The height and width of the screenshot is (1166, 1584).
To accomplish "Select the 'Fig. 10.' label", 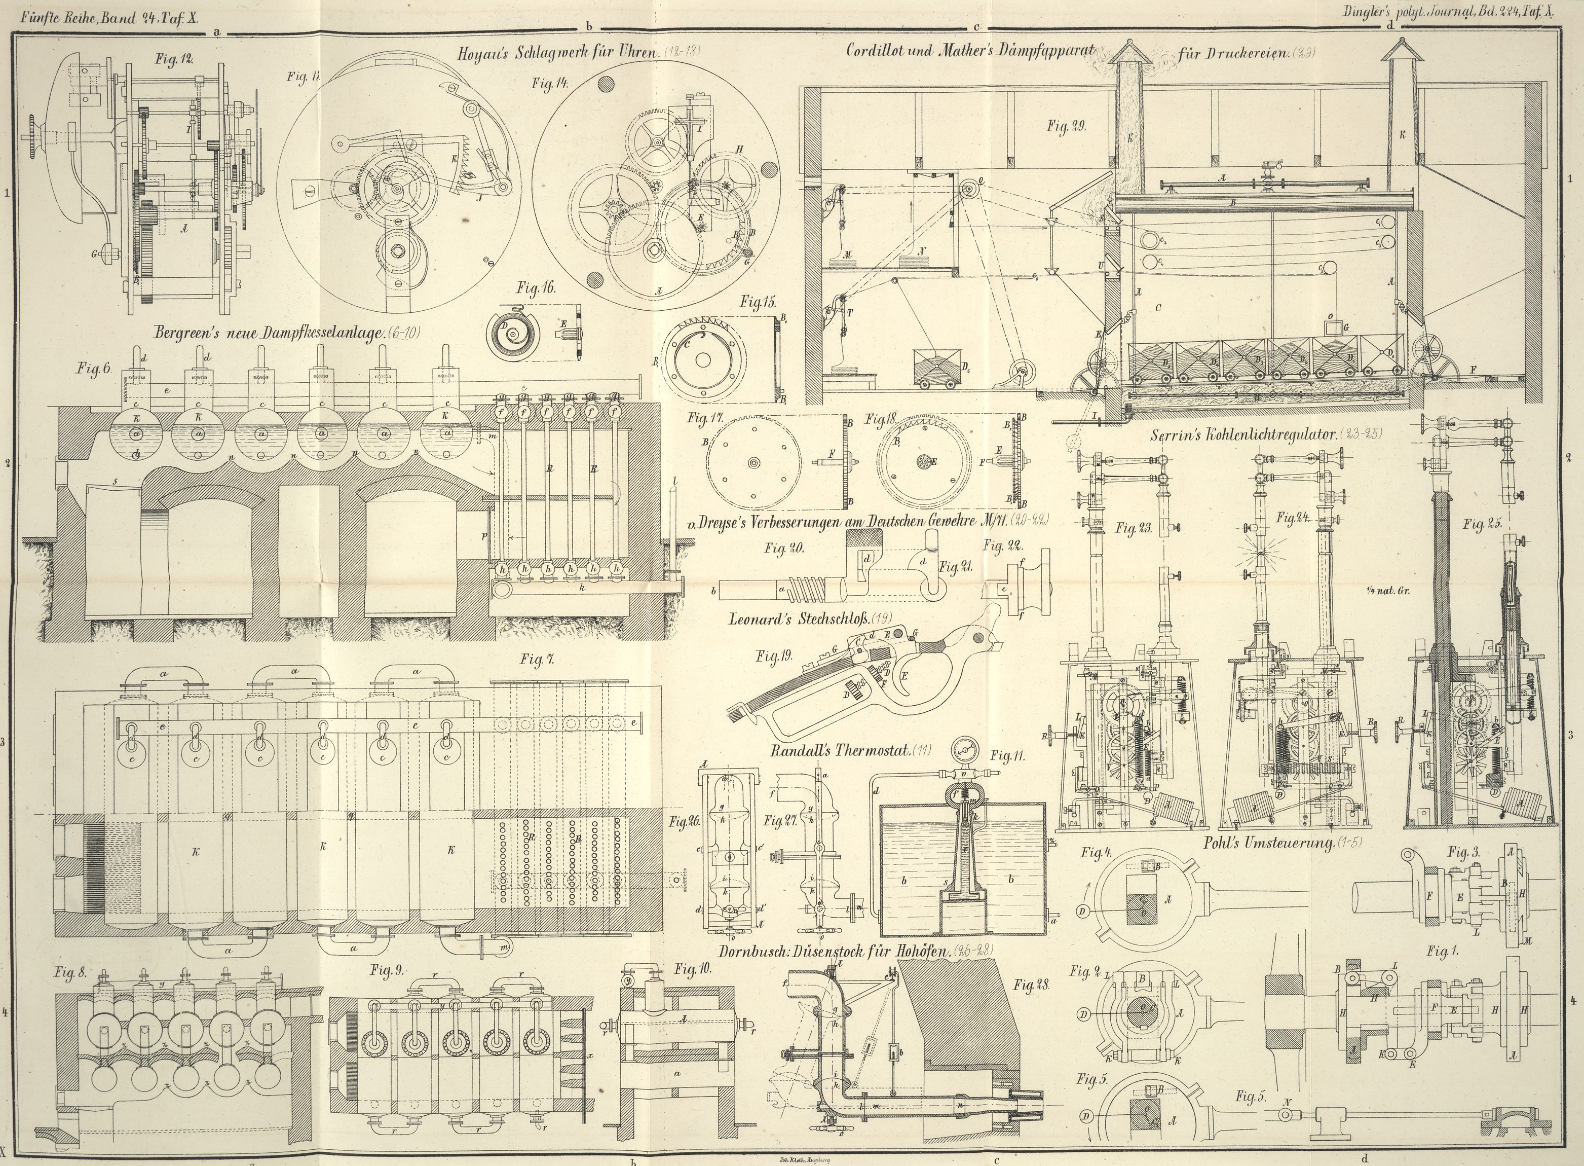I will [694, 968].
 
